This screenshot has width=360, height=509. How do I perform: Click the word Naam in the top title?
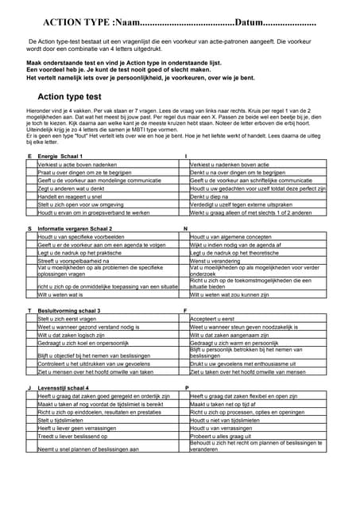[132, 23]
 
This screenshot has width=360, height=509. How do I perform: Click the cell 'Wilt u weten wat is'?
[61, 294]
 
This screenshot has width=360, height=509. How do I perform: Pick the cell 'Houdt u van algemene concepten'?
[230, 237]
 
